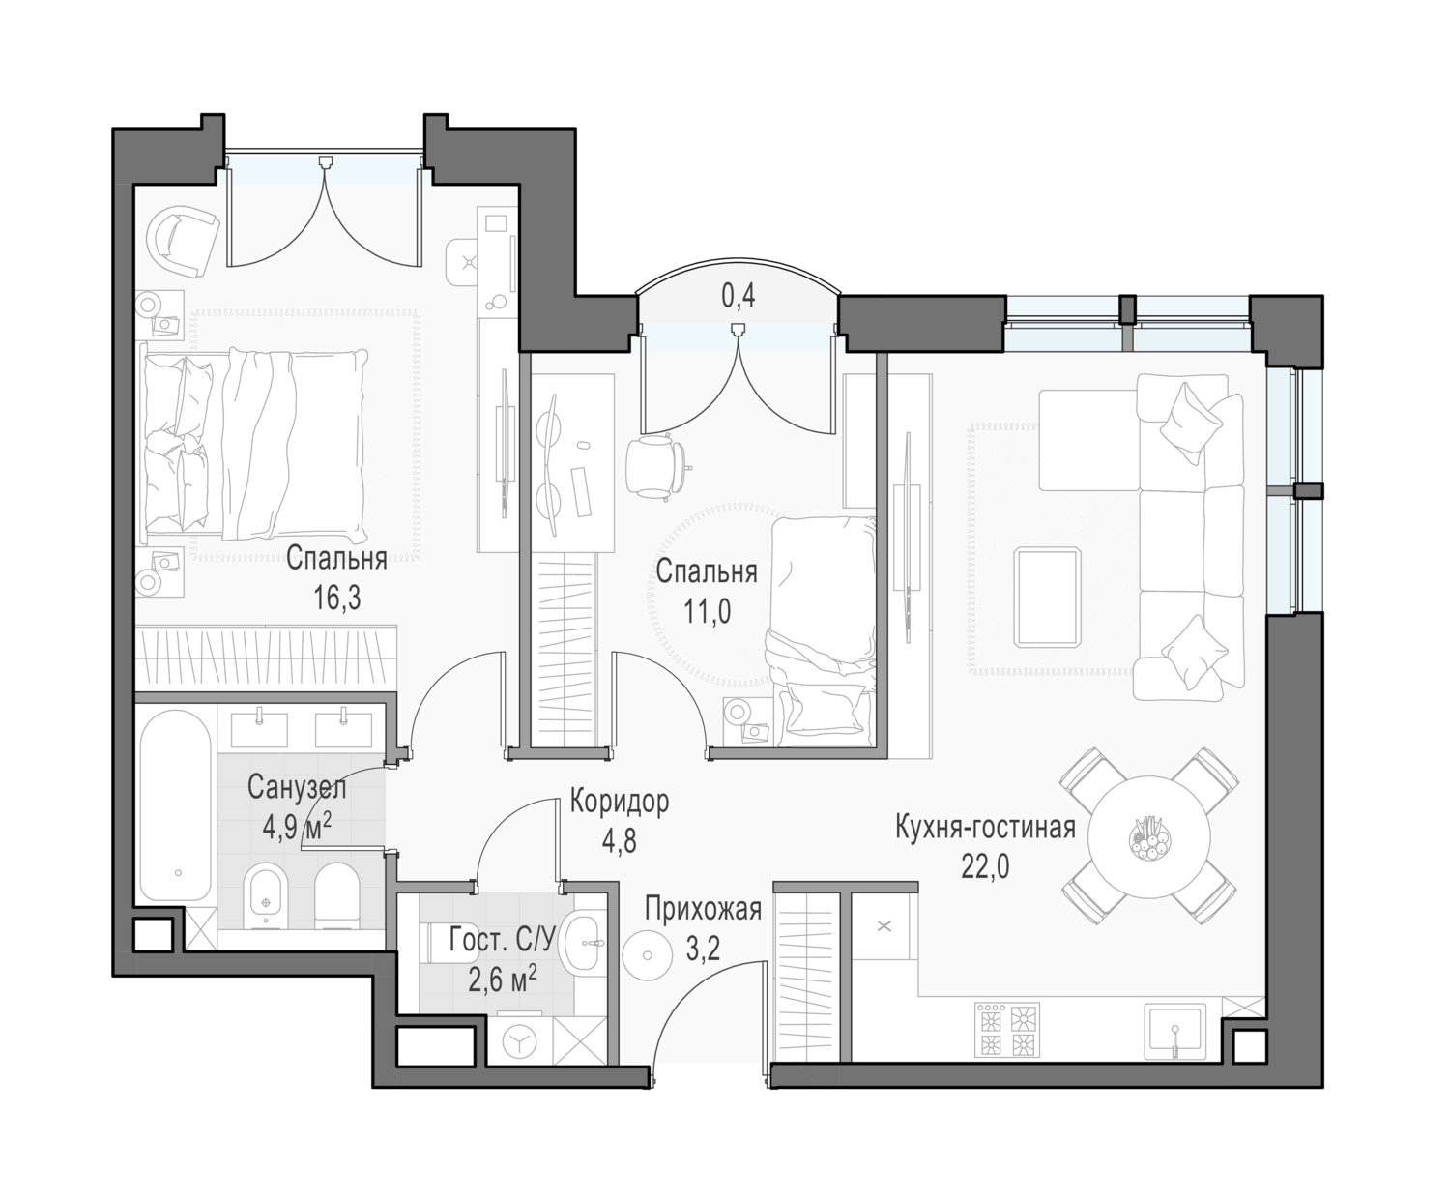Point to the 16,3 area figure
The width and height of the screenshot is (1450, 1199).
[x=337, y=598]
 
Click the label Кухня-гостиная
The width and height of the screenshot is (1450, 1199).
[x=985, y=828]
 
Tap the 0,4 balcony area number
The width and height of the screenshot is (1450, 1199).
[x=739, y=296]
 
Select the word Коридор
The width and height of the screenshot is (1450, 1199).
[x=620, y=801]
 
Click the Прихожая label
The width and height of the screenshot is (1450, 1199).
[x=703, y=909]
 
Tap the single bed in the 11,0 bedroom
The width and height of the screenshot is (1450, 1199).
[x=822, y=631]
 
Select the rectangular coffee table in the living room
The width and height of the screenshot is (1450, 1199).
[x=1047, y=597]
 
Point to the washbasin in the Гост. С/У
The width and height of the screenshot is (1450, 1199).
[x=581, y=943]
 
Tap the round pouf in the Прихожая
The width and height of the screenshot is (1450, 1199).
[x=648, y=955]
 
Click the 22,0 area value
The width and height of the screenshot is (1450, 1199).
[x=985, y=866]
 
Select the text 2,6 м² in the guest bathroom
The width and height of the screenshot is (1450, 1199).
[x=502, y=980]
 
